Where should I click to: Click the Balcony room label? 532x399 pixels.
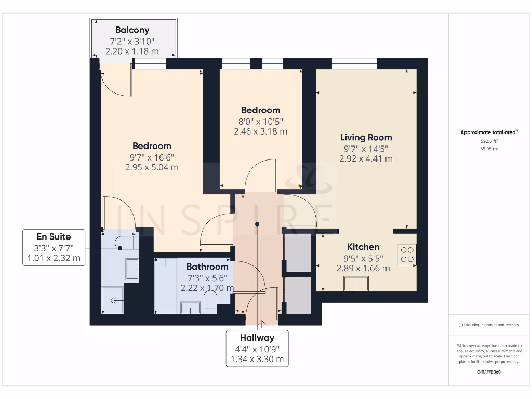coord(132,30)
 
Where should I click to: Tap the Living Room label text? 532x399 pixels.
coord(366,137)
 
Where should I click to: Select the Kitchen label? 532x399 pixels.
coord(363,247)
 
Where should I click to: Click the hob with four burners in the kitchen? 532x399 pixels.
coord(407,254)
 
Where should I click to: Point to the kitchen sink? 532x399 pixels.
coord(356,284)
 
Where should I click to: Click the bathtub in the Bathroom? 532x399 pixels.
coord(166,286)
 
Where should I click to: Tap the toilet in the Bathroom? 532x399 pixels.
coord(210,303)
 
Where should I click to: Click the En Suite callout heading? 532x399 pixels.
coord(54,237)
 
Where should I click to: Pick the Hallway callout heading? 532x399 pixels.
coord(257,338)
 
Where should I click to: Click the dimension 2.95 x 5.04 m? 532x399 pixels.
coord(152,167)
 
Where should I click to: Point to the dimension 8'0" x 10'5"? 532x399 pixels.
coord(260,121)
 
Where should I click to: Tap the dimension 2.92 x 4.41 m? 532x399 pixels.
coord(366,158)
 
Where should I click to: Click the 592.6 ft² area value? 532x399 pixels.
coord(488,141)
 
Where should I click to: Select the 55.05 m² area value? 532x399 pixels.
coord(488,148)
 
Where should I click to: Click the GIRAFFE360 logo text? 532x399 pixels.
coord(489,372)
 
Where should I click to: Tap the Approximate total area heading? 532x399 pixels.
coord(488,132)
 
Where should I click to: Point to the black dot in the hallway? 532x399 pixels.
coord(257,224)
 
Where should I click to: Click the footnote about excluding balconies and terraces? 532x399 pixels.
coord(488,325)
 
